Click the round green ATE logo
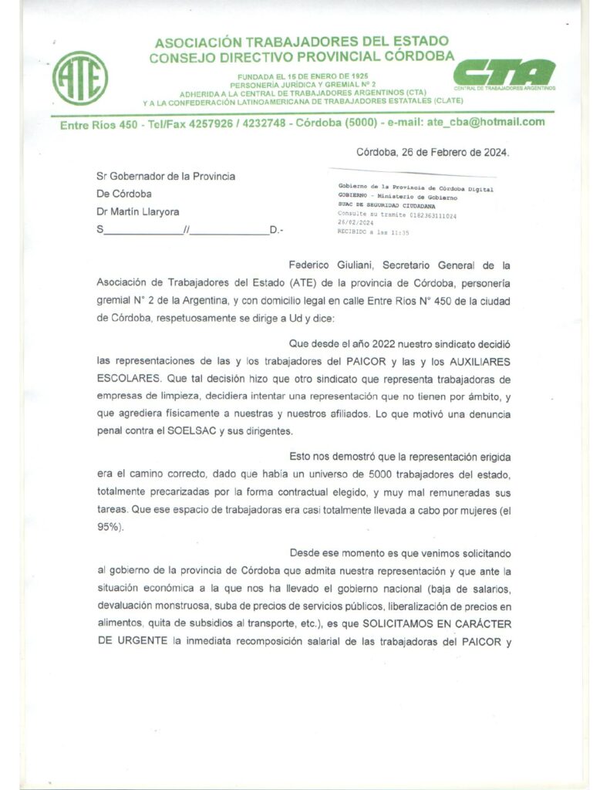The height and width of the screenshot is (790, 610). (80, 78)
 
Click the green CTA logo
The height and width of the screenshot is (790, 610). (504, 73)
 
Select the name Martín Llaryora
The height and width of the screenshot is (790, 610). (152, 211)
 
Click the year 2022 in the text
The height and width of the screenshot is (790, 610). (389, 343)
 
